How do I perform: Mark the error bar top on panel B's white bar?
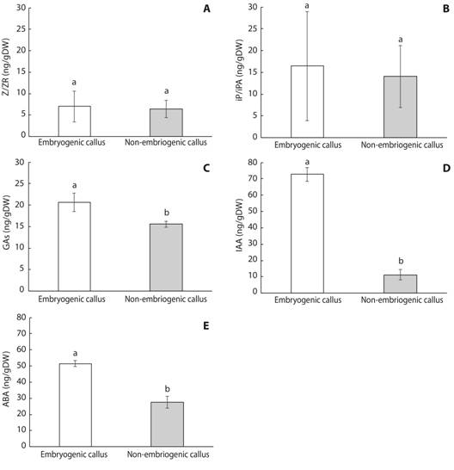[307, 11]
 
